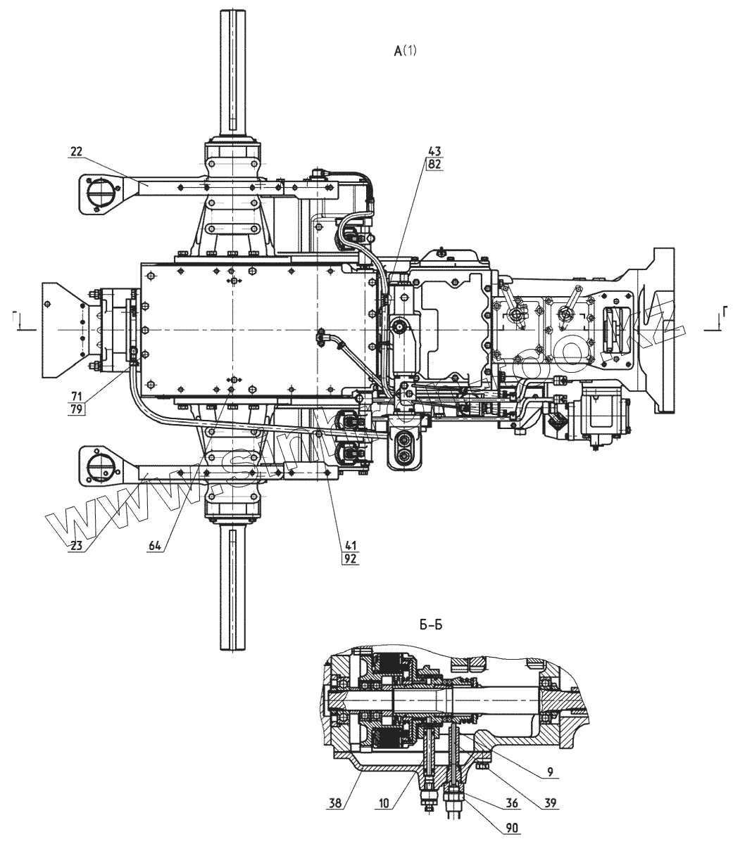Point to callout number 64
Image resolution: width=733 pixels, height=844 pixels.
click(x=156, y=545)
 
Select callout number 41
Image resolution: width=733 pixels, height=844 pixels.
click(x=349, y=545)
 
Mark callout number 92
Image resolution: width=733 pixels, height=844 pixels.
click(x=349, y=558)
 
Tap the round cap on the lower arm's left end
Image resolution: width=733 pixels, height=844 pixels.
click(x=97, y=464)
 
